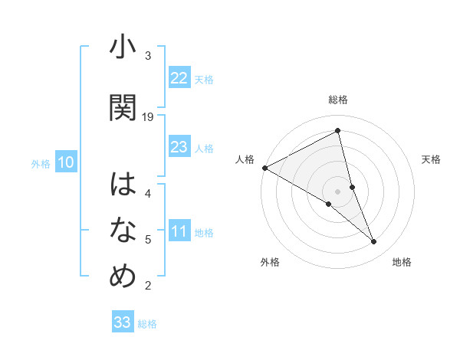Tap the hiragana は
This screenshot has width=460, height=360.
(x=123, y=185)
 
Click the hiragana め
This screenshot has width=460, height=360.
(x=123, y=276)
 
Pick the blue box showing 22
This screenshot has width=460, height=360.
(x=179, y=78)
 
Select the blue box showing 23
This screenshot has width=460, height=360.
(x=179, y=147)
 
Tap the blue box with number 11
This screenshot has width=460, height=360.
(x=179, y=232)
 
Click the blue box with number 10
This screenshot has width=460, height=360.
(x=66, y=162)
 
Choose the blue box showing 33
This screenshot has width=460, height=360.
(x=123, y=322)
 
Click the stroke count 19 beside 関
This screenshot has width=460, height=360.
(x=149, y=117)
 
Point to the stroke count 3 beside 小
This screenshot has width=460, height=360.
(x=148, y=56)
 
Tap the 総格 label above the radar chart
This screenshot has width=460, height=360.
(x=338, y=100)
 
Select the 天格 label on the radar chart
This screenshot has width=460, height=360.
(x=431, y=159)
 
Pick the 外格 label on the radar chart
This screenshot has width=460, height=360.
(x=270, y=262)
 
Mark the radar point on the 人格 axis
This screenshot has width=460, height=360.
(x=264, y=167)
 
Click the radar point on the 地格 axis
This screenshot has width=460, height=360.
(x=374, y=242)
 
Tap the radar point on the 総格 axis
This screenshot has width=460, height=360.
(x=338, y=131)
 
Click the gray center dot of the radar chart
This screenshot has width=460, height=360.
(x=338, y=191)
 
